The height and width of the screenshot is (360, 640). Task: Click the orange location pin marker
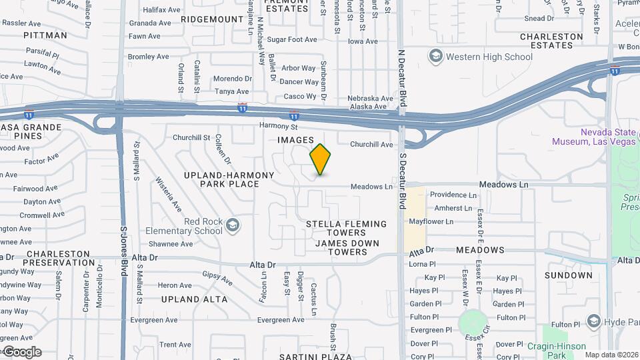point(320,159)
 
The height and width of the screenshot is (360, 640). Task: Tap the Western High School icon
point(436,56)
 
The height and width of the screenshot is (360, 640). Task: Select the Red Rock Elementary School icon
point(232,225)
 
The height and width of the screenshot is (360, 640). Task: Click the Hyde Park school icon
point(593,322)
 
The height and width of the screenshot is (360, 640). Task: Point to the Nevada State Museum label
point(593,137)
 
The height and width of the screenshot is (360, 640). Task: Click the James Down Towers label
point(341,247)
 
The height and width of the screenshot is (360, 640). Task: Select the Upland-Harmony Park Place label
point(220,179)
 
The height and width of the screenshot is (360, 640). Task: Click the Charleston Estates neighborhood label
point(551,41)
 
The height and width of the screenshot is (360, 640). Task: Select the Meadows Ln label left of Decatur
point(371,187)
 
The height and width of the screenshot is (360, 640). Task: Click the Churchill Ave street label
point(371,144)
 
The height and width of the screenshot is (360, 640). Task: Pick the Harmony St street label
point(279,126)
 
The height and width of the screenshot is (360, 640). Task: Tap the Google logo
point(21,352)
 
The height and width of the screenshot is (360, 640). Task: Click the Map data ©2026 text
point(611,355)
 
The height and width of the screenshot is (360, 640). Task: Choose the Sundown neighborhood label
point(568,275)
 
